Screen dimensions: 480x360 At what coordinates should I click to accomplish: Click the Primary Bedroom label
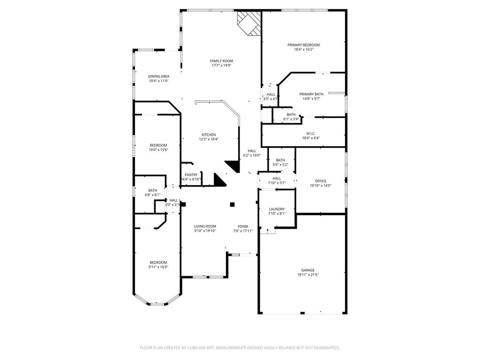pyautogui.click(x=303, y=45)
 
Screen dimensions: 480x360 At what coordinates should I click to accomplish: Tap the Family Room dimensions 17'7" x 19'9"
pyautogui.click(x=221, y=66)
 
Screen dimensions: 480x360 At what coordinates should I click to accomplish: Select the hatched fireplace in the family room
pyautogui.click(x=249, y=23)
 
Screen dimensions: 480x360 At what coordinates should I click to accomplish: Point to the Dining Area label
pyautogui.click(x=158, y=76)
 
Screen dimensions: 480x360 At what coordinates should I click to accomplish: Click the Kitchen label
pyautogui.click(x=209, y=135)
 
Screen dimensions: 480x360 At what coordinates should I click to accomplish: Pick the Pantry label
pyautogui.click(x=191, y=175)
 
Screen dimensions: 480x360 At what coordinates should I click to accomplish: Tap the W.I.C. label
pyautogui.click(x=311, y=134)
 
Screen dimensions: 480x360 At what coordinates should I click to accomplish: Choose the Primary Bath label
pyautogui.click(x=311, y=94)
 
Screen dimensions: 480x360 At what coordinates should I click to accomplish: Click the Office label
pyautogui.click(x=321, y=181)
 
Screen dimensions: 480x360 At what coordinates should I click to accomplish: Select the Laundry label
pyautogui.click(x=277, y=209)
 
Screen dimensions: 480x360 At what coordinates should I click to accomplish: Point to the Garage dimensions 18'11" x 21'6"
pyautogui.click(x=307, y=275)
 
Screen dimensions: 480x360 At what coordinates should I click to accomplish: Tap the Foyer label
pyautogui.click(x=243, y=226)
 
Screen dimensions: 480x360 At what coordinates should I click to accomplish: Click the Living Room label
pyautogui.click(x=205, y=226)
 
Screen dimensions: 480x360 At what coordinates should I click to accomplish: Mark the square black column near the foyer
pyautogui.click(x=232, y=204)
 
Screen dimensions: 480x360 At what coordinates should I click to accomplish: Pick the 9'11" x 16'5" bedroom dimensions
pyautogui.click(x=158, y=267)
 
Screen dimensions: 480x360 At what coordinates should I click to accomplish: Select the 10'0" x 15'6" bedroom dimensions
pyautogui.click(x=158, y=150)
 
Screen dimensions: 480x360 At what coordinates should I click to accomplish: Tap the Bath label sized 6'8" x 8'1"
pyautogui.click(x=152, y=190)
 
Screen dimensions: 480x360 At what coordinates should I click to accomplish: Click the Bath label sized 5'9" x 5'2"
pyautogui.click(x=280, y=160)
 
